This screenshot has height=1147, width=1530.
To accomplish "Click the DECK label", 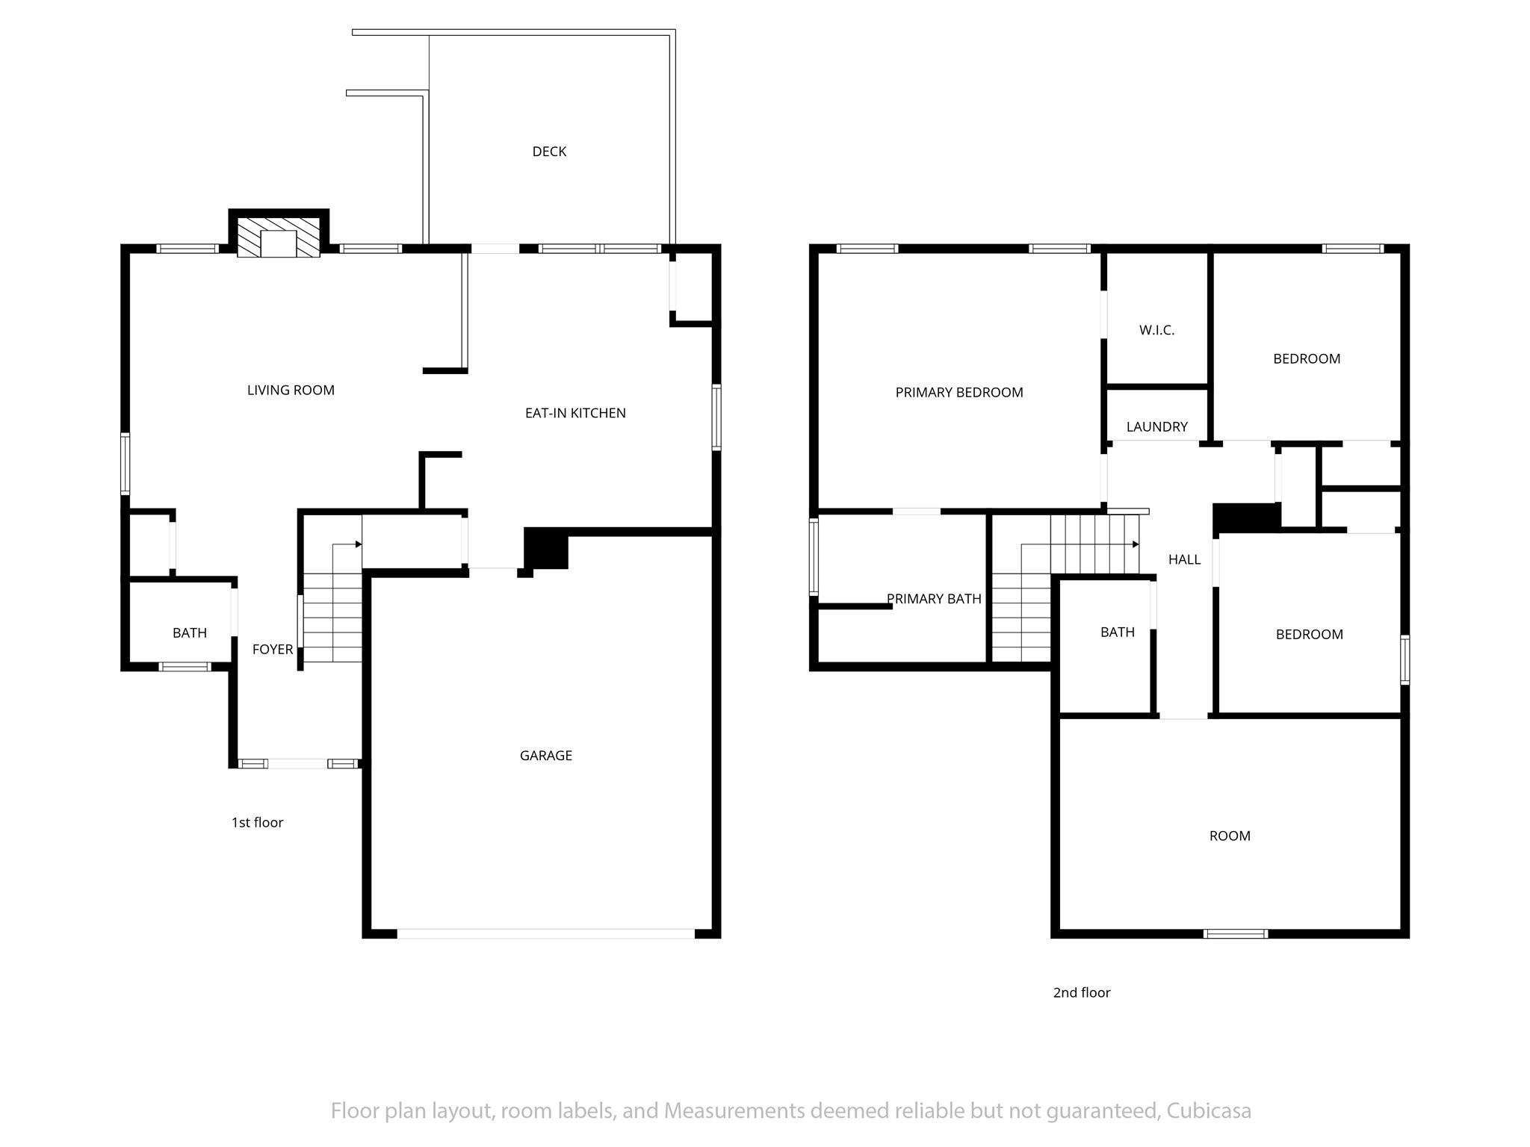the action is pos(549,152).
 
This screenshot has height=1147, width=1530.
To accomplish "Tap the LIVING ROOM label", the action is pos(291,390).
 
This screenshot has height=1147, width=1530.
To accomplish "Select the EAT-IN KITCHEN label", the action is pos(575,413).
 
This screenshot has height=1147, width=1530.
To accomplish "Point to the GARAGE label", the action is pos(546,756).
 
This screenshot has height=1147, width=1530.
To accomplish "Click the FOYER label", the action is pos(273,650).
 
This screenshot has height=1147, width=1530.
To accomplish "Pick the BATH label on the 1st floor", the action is pos(190,633).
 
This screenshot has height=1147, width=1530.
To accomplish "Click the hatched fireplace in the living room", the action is pos(279,237).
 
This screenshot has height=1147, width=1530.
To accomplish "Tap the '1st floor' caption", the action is pos(257,822).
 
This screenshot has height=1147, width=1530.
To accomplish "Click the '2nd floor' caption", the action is pos(1082,992).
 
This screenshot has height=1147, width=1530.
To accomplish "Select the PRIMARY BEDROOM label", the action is pos(959,393).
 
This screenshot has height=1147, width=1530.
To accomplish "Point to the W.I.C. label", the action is pos(1156,330).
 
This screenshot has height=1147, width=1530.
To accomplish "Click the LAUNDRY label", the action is pos(1156,427).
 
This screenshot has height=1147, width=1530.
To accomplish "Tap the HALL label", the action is pos(1184,559).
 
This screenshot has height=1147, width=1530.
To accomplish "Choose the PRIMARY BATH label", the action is pos(934,599).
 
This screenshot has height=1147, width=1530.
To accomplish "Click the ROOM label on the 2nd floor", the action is pos(1230,836).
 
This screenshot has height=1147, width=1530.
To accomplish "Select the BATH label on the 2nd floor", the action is pos(1118,632).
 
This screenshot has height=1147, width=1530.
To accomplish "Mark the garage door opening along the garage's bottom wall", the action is pos(546,933).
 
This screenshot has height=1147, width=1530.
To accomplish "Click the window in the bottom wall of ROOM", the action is pos(1236,933).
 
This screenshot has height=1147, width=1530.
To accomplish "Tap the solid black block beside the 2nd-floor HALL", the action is pos(1246,517).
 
